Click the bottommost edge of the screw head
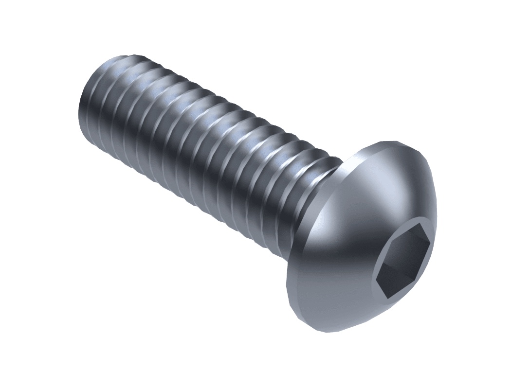(331, 332)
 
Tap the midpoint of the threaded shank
(204, 146)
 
